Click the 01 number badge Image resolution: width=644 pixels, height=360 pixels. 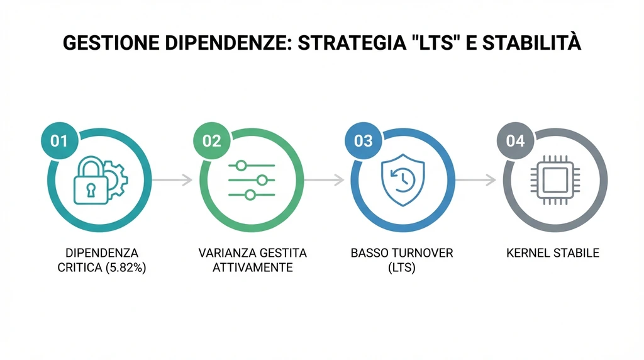point(58,141)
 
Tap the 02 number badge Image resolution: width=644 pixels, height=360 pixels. point(211,141)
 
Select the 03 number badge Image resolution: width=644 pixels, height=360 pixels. point(364,141)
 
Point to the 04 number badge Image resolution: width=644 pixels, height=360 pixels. point(515,141)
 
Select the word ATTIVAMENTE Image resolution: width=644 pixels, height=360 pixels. point(252,267)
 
